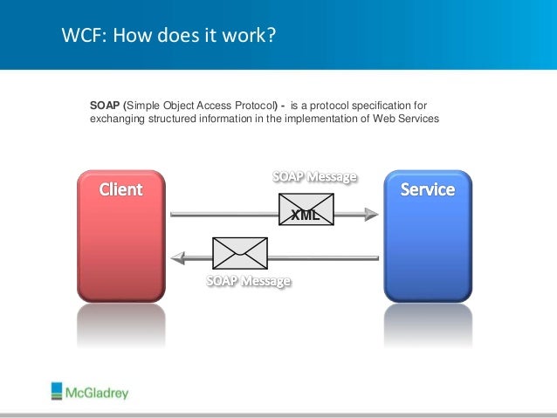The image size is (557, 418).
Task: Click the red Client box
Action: coord(120,236)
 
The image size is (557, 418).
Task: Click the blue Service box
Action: coord(427,236)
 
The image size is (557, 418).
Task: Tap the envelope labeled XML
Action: coord(306,210)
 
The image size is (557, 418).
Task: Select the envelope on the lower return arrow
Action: coord(240,252)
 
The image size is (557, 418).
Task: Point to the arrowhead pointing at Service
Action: coord(372,213)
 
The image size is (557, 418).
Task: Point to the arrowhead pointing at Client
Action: coord(177,257)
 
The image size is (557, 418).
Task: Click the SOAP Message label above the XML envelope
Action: coord(315,177)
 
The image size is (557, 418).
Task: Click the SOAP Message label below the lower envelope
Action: coord(248,281)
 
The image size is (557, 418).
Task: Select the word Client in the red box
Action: coord(120,188)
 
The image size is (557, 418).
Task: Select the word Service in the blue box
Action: coord(427,188)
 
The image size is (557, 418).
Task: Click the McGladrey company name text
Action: coord(97,393)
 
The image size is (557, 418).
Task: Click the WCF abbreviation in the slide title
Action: coord(79,37)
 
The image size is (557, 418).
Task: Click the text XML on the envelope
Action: coord(306,212)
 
